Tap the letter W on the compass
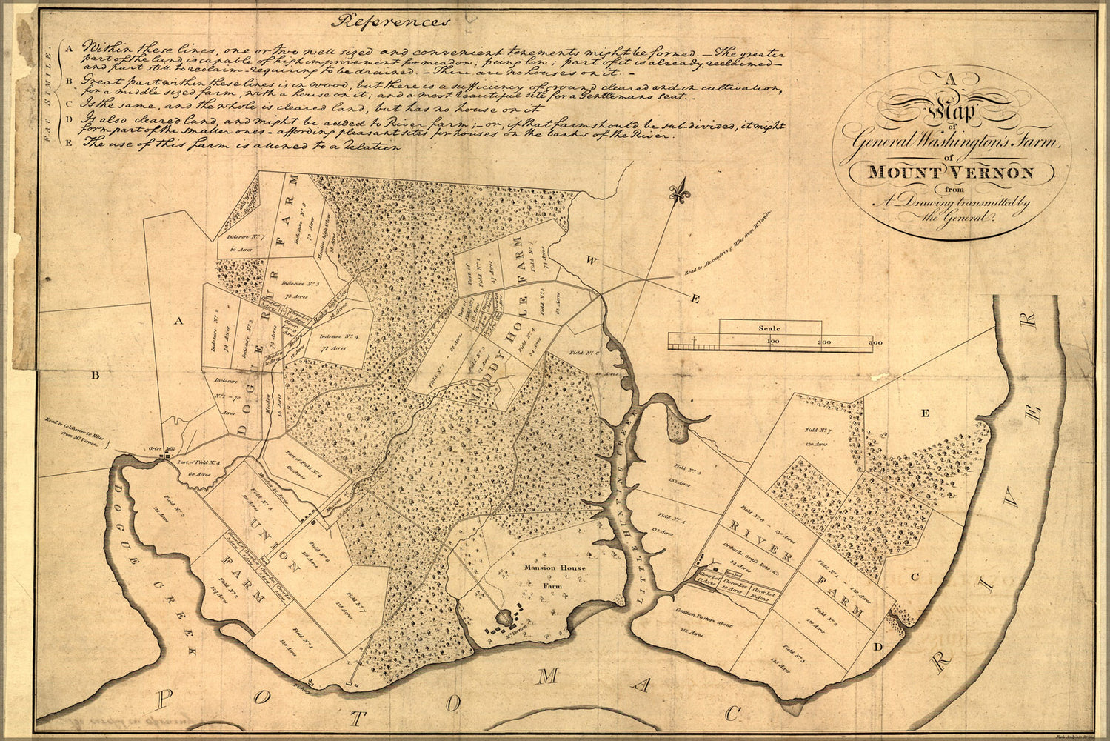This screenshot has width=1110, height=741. pos(592,260)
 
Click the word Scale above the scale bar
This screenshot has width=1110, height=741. pos(769,328)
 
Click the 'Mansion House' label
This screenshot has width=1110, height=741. pos(555,568)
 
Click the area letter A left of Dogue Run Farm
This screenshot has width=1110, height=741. pos(177,321)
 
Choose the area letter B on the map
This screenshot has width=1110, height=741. pos(95,376)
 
